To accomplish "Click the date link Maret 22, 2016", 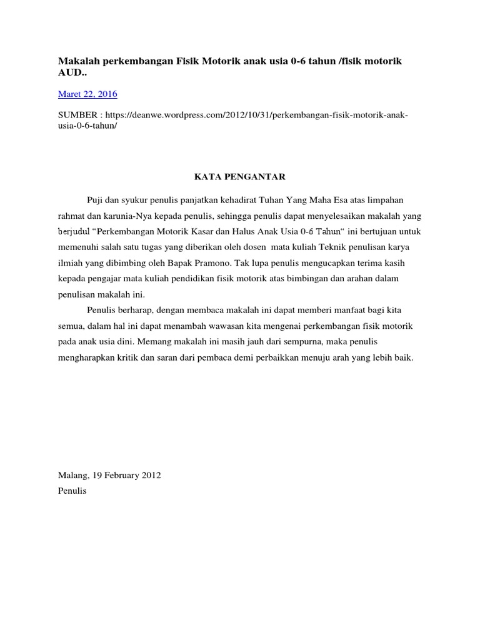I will pos(87,94).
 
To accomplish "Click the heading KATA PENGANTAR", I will pos(237,177).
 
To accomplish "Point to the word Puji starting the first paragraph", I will pos(96,199).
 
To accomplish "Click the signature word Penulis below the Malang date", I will pos(72,491).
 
